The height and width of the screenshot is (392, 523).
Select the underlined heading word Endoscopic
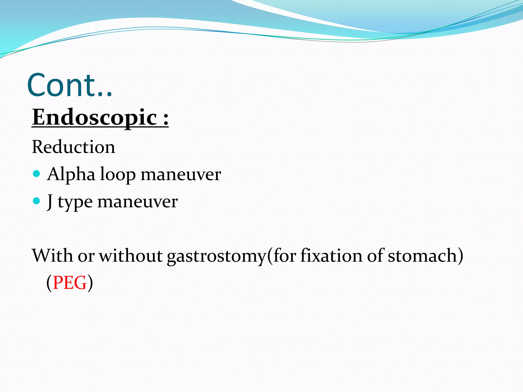[94, 117]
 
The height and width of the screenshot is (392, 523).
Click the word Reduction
[74, 147]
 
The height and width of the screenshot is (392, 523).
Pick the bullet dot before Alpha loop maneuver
[37, 174]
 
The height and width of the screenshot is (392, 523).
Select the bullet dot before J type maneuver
[37, 201]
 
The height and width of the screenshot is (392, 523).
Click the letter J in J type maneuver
[50, 202]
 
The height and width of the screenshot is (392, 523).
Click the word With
[52, 255]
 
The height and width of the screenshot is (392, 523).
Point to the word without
[131, 255]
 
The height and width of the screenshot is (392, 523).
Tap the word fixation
[331, 255]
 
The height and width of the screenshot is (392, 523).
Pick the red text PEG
[70, 283]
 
